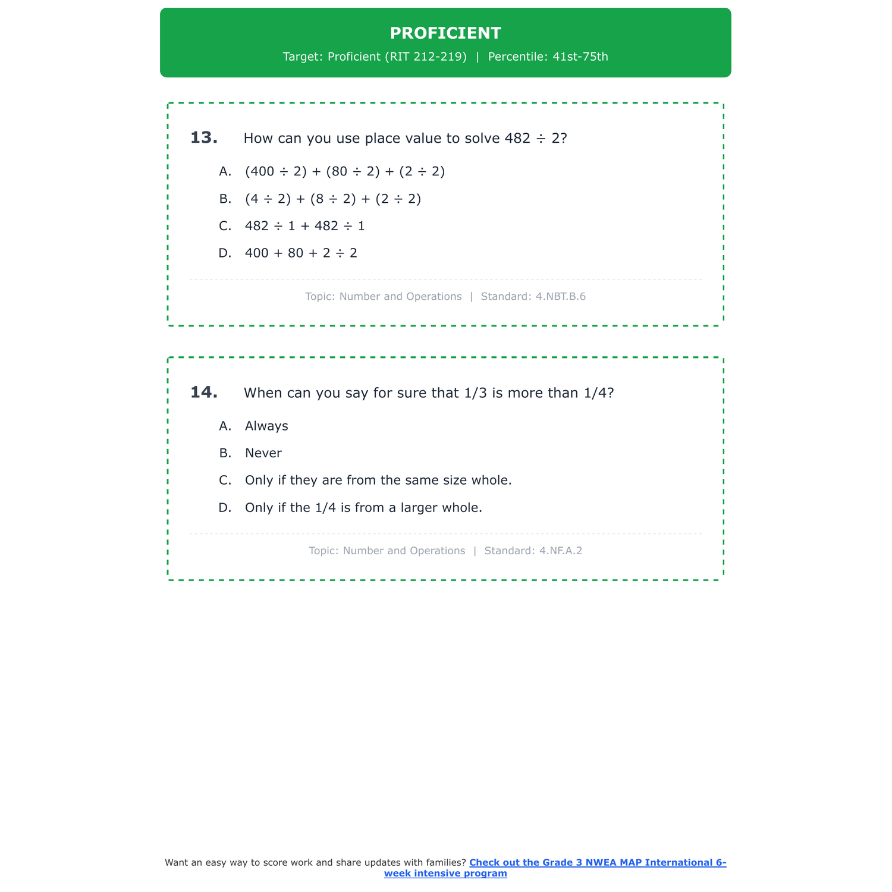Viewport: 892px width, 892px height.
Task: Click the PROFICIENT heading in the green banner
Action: [x=445, y=33]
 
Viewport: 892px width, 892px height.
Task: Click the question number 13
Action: [x=203, y=138]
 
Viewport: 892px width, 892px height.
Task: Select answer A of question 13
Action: [x=344, y=172]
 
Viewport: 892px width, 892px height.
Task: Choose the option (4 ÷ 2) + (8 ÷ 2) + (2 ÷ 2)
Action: [x=332, y=199]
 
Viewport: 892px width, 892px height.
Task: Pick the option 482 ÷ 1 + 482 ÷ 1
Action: [x=304, y=226]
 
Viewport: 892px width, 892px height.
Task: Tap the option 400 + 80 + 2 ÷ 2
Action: [x=301, y=253]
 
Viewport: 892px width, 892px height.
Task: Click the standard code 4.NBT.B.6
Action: [x=560, y=296]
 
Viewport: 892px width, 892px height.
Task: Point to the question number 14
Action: [x=203, y=392]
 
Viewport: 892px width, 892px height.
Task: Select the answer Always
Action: [x=266, y=426]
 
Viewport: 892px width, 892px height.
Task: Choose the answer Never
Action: [x=263, y=453]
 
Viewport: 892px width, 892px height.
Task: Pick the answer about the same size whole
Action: [x=378, y=480]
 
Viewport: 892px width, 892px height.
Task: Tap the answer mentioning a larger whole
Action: [x=363, y=508]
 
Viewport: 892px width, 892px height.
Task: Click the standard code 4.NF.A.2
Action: [x=560, y=551]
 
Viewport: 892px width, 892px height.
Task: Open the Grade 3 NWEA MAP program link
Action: [x=597, y=863]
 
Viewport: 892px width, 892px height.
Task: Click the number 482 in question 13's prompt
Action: [x=517, y=139]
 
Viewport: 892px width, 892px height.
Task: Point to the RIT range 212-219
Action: [x=441, y=57]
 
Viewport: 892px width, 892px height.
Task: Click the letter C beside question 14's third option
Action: [x=225, y=480]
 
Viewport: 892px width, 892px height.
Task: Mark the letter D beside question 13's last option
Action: [x=225, y=253]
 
